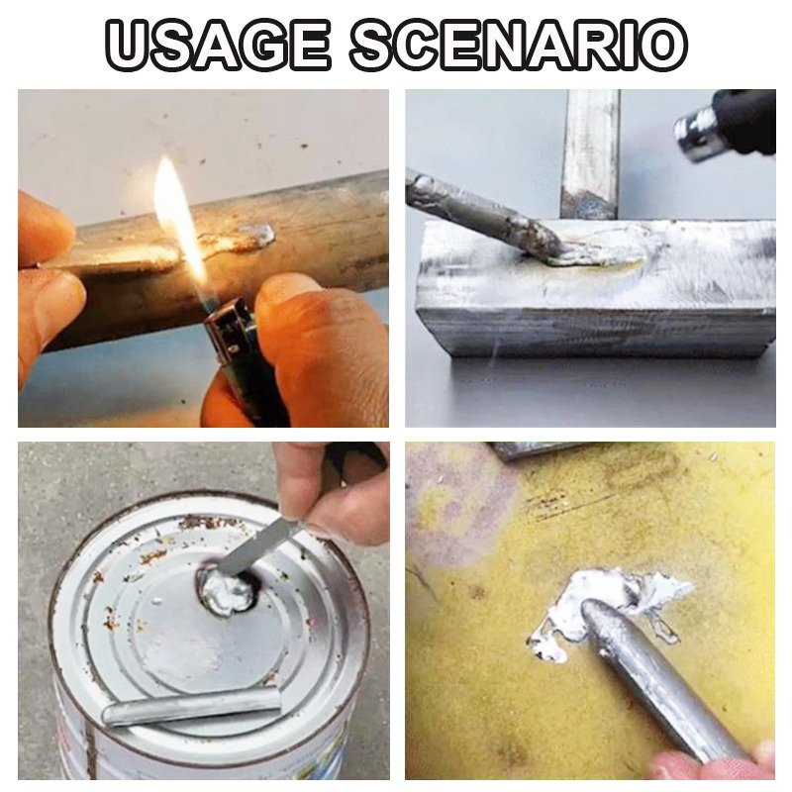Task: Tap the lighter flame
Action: point(176,213)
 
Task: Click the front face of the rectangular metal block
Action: point(594,332)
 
